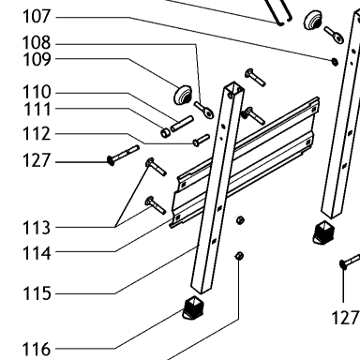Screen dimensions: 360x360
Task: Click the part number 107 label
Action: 37,16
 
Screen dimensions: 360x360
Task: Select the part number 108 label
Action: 37,43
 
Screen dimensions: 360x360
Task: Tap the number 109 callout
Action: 37,59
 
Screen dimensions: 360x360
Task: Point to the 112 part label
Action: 37,134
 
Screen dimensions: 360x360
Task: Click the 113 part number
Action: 37,228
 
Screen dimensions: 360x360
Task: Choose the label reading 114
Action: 37,253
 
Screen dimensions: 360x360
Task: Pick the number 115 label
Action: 37,293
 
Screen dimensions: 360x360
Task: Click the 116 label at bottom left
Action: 37,349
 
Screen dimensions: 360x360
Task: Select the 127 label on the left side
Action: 37,160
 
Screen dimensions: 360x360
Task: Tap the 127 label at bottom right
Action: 345,318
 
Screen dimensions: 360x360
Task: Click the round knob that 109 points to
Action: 183,95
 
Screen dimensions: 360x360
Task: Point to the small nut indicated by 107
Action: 335,62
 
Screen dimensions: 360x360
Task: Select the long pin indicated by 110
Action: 182,124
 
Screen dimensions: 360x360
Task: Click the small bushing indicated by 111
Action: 165,132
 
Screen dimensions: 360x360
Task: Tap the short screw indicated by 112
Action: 201,140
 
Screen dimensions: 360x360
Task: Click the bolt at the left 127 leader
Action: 123,155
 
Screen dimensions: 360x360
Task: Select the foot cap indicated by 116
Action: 193,307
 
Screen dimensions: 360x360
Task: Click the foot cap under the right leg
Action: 323,232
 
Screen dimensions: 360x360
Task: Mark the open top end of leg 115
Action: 233,88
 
